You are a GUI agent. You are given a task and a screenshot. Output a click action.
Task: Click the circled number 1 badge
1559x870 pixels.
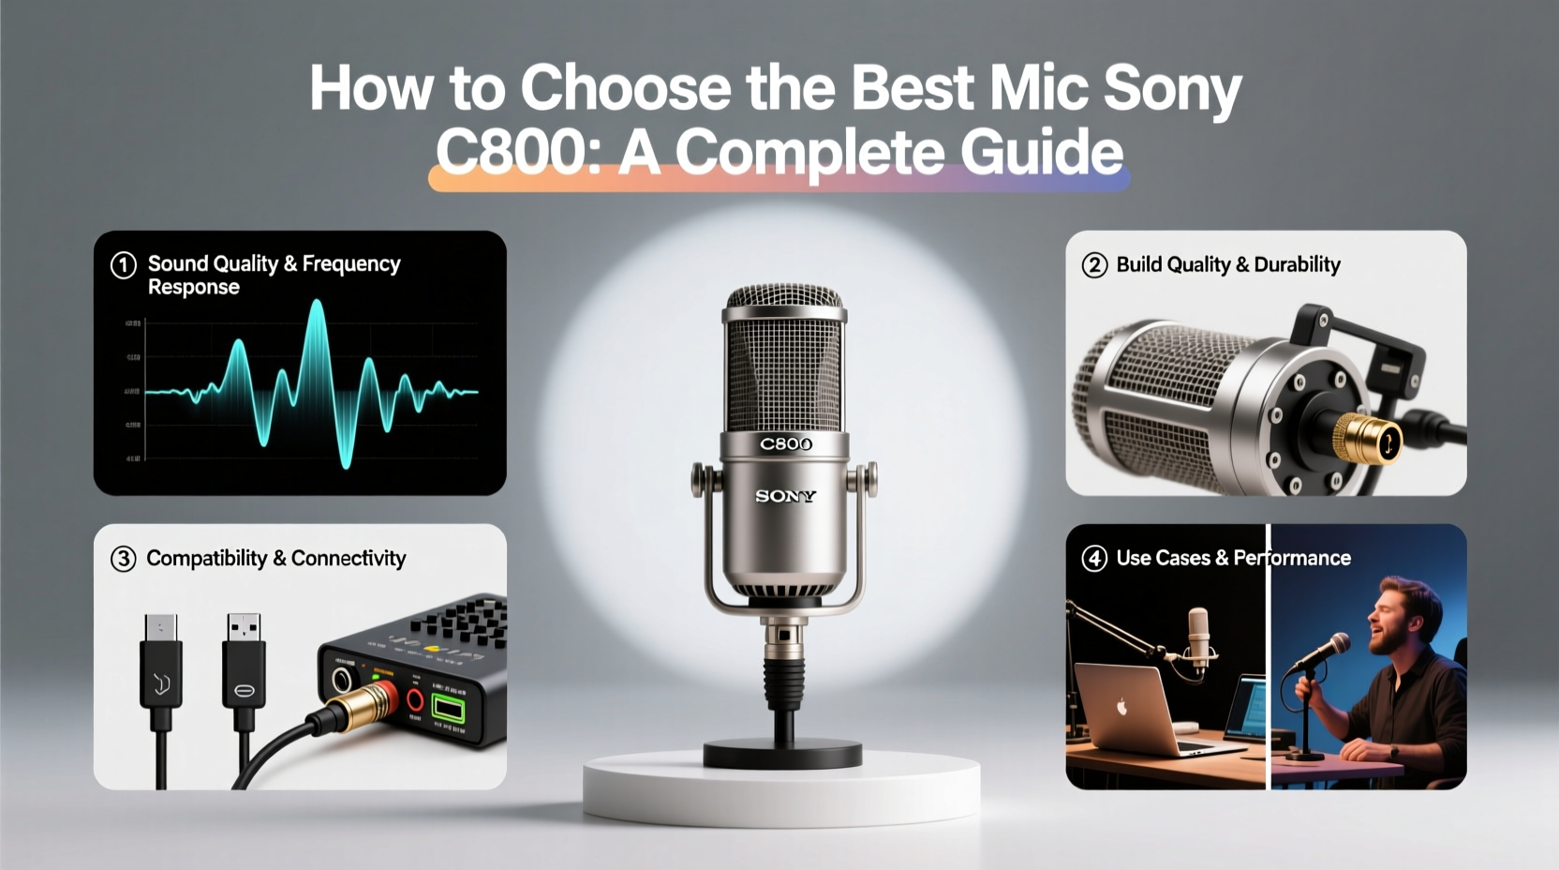[x=124, y=265]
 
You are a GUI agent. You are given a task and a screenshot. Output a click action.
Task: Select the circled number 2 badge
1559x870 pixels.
[x=1094, y=265]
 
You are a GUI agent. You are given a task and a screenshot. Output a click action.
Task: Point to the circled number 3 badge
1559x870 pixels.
[x=124, y=559]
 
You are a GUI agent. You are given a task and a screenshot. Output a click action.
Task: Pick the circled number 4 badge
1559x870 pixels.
[x=1094, y=559]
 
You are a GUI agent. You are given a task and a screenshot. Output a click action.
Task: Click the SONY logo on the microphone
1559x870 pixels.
[x=785, y=496]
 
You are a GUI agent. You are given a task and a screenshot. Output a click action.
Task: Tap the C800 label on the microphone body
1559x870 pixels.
[x=785, y=444]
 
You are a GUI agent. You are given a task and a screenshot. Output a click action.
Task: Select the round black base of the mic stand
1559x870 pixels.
[x=782, y=754]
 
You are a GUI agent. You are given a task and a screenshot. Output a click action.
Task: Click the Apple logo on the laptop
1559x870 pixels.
[x=1121, y=706]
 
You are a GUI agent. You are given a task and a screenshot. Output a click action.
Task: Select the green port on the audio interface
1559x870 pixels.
[x=448, y=709]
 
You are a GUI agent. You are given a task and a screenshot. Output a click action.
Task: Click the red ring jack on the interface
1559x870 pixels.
[x=413, y=698]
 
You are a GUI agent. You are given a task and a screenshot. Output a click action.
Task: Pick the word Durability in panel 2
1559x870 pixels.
[x=1297, y=265]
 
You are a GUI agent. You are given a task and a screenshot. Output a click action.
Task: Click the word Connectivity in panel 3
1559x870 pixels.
[x=349, y=559]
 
